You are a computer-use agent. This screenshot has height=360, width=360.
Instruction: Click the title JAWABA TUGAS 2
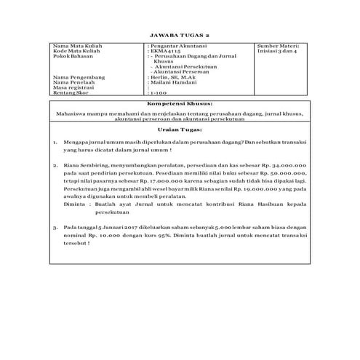pos(179,34)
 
